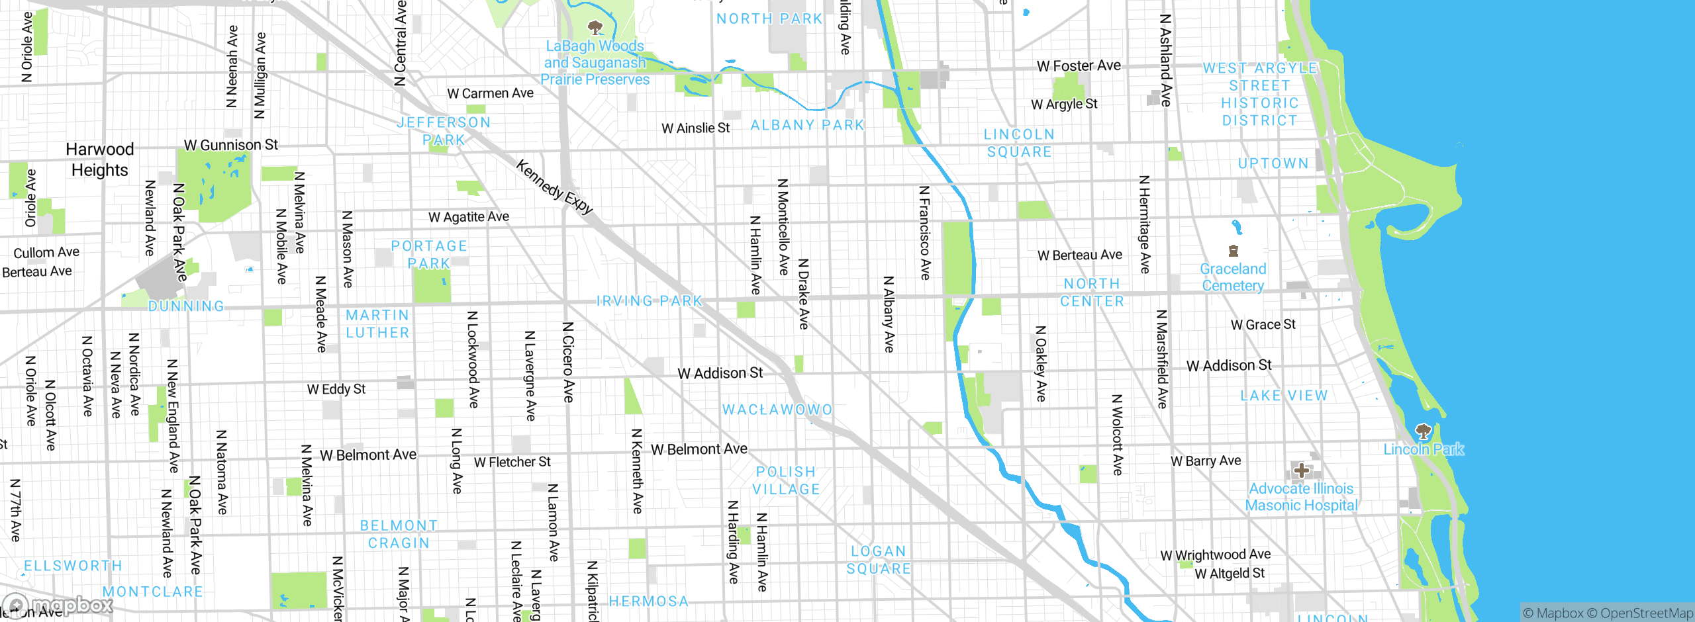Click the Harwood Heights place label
point(100,159)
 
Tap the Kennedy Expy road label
point(554,187)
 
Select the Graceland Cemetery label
point(1233,277)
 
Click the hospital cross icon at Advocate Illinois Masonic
point(1302,470)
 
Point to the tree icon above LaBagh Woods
point(595,27)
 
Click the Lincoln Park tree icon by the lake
point(1423,431)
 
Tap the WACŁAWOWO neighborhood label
point(777,410)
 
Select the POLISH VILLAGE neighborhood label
point(786,480)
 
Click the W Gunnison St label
point(230,144)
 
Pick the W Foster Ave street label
point(1079,66)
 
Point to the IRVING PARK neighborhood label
point(649,301)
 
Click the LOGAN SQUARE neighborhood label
point(879,560)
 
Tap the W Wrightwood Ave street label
point(1215,555)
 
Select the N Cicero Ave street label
point(568,363)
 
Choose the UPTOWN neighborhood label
point(1273,163)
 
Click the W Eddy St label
point(336,389)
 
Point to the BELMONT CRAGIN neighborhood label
point(399,534)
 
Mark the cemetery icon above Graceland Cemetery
point(1233,251)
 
